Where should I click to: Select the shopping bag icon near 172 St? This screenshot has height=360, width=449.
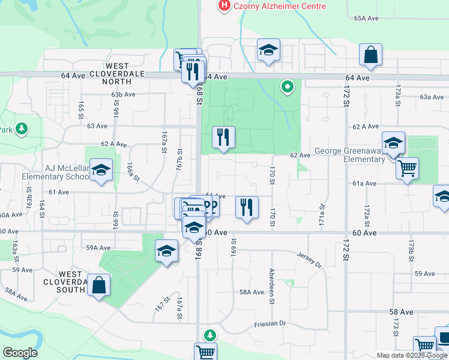[371, 55]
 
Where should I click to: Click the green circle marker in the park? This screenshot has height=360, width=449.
[288, 88]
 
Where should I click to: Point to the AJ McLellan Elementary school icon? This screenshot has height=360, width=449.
[101, 170]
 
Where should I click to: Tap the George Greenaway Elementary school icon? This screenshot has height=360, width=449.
[393, 143]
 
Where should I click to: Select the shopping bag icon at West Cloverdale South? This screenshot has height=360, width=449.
[98, 286]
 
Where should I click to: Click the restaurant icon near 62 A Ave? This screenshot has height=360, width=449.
[223, 137]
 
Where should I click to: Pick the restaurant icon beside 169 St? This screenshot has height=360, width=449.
[247, 208]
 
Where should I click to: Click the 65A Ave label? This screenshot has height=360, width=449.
[366, 19]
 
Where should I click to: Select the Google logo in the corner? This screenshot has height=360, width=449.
[20, 353]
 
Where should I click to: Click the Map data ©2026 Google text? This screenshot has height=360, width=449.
[412, 355]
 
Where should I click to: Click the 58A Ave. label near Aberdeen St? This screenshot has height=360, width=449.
[253, 292]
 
